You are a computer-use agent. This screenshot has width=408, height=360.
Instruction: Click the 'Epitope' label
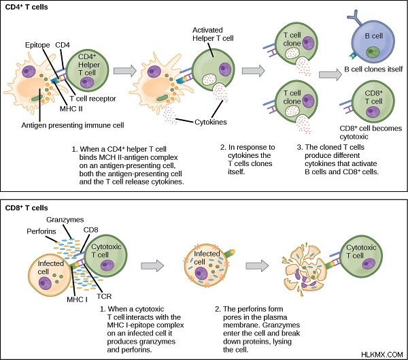pos(37,46)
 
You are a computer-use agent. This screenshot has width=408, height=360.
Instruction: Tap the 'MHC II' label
pos(71,109)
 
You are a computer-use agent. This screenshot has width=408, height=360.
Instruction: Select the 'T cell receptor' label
pos(93,99)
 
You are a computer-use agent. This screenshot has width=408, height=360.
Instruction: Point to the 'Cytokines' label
pos(211,122)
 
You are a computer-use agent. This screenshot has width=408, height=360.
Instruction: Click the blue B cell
pos(373,41)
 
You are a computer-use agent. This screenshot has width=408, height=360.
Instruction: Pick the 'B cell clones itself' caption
pos(373,69)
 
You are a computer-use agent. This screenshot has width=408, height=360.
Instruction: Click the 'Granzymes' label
pos(65,220)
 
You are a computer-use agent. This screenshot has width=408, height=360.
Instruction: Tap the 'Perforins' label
pos(41,231)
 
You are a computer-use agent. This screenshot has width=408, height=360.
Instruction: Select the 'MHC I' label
pos(77,299)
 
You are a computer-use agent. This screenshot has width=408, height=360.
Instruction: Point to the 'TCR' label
pos(104,297)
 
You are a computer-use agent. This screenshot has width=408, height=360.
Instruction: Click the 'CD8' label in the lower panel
pos(91,230)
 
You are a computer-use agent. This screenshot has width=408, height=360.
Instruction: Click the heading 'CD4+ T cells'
pos(27,7)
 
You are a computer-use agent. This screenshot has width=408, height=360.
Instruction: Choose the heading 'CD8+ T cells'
pos(27,208)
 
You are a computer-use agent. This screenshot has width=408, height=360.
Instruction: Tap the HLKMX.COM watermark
pos(382,355)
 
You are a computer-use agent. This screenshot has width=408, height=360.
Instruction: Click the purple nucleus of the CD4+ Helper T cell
pos(87,82)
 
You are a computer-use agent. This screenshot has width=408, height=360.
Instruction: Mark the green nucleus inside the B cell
pos(373,52)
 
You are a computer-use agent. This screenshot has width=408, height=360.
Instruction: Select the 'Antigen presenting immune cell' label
pos(73,125)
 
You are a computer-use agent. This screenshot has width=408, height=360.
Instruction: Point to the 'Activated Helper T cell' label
pos(213,34)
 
